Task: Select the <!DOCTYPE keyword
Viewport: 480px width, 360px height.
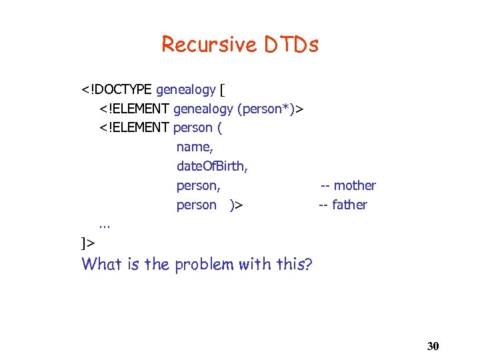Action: coord(117,89)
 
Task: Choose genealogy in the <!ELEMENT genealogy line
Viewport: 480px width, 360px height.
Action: coord(203,109)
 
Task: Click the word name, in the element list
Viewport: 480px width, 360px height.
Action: coord(195,147)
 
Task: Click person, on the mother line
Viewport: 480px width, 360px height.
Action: coord(198,185)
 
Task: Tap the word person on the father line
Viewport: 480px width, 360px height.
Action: coord(196,205)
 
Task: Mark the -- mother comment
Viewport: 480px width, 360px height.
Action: coord(348,185)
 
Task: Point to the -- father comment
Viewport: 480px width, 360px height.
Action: coord(343,205)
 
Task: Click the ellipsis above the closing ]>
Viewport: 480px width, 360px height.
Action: coord(105,225)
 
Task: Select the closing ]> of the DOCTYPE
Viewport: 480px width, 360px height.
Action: coord(87,242)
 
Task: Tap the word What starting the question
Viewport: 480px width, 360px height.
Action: coord(103,264)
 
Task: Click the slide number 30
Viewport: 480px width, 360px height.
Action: coord(433,346)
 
